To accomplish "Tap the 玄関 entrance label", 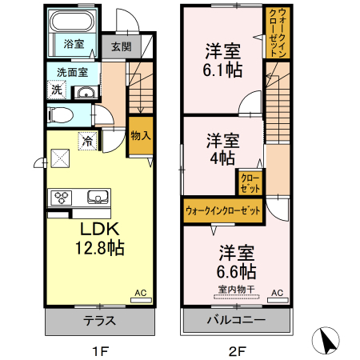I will [121, 47].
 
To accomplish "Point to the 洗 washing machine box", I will [56, 90].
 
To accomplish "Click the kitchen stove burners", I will [62, 197].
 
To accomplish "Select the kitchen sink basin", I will [97, 197].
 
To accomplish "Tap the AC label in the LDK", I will [140, 293].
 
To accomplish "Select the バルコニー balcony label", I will [235, 321].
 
